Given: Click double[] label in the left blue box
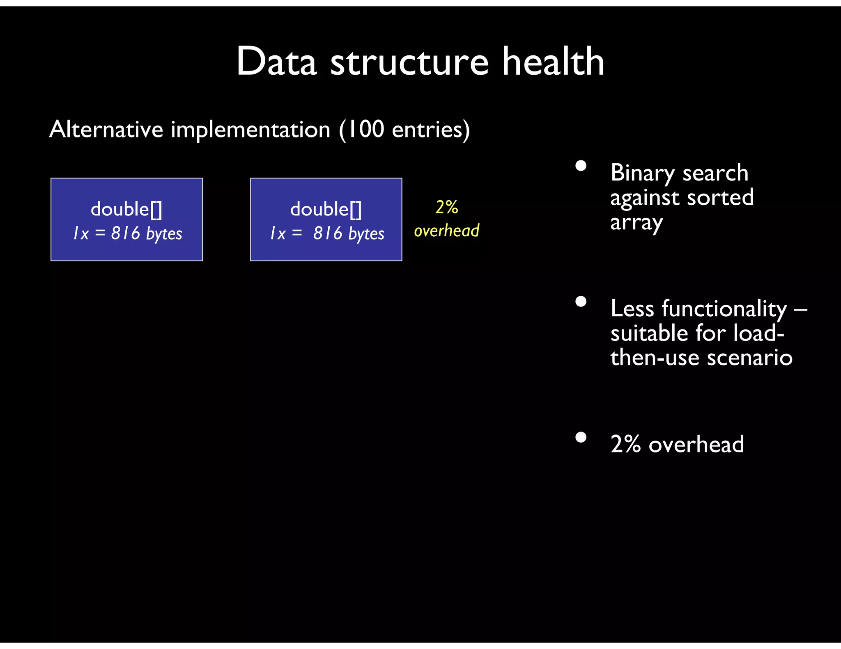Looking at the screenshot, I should pyautogui.click(x=126, y=209).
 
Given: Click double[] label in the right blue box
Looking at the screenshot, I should pyautogui.click(x=326, y=209).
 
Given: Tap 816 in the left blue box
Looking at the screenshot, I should pyautogui.click(x=126, y=233).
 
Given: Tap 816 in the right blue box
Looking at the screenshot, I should pyautogui.click(x=327, y=233).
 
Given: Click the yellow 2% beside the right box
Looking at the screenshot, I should pyautogui.click(x=446, y=207).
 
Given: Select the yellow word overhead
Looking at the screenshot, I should pyautogui.click(x=446, y=231).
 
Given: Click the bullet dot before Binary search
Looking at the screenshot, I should pyautogui.click(x=581, y=166).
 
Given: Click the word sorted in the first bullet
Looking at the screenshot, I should pyautogui.click(x=720, y=197).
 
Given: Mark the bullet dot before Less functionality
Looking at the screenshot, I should pyautogui.click(x=581, y=302).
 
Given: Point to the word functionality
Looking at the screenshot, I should pyautogui.click(x=724, y=309).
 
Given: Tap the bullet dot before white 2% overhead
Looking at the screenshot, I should pyautogui.click(x=581, y=437).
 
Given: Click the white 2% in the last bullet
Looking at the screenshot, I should pyautogui.click(x=625, y=444).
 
